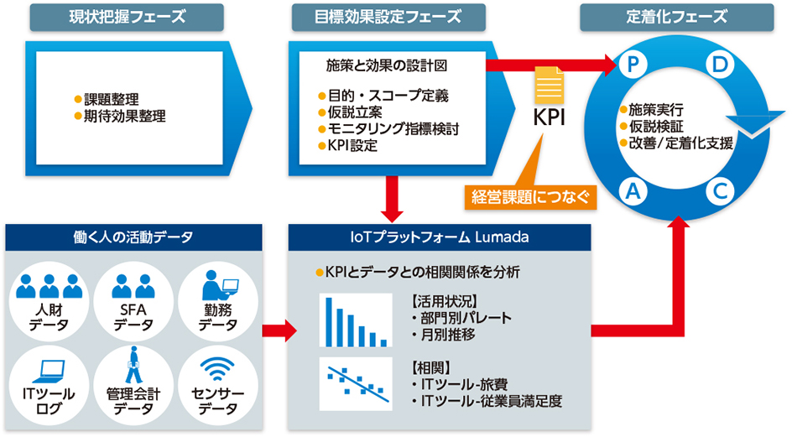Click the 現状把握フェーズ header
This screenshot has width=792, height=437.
[x=127, y=17]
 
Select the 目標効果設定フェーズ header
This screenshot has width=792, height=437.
[x=388, y=17]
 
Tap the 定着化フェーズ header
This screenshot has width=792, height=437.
[x=676, y=17]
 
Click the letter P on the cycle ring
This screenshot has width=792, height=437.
[x=633, y=64]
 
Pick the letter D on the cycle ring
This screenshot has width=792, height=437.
[x=719, y=64]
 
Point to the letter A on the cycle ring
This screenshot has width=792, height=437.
[x=633, y=191]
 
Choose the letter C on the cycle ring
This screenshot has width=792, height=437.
[x=719, y=191]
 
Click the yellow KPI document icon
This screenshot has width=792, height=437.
[x=549, y=86]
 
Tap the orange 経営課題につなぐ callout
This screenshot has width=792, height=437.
[x=530, y=196]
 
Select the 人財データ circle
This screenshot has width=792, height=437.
[x=49, y=302]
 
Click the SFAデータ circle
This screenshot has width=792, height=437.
[x=133, y=302]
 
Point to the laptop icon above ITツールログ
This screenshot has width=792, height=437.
[x=49, y=372]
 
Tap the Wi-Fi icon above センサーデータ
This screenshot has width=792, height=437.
[x=217, y=370]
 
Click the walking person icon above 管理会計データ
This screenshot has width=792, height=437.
[x=133, y=365]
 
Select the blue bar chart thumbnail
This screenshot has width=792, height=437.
[x=356, y=320]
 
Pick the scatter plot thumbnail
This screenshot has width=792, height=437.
[x=356, y=384]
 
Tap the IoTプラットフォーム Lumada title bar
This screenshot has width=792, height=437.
[x=440, y=237]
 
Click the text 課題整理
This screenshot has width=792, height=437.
[x=111, y=99]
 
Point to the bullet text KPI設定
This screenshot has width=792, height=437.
[x=352, y=145]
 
